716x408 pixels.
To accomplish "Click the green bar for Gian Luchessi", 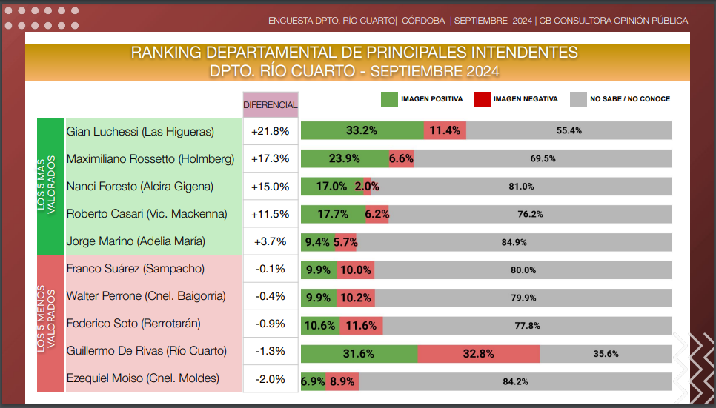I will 362,130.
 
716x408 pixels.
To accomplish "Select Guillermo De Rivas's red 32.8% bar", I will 478,353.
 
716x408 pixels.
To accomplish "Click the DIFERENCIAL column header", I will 271,105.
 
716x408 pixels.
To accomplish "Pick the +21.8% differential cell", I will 271,131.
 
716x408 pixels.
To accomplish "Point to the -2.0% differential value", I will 271,378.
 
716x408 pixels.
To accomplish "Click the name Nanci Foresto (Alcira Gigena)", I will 140,187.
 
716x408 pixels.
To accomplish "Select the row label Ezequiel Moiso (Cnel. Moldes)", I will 143,378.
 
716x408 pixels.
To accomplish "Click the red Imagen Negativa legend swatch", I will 482,99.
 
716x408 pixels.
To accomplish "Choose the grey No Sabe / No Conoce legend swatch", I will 578,99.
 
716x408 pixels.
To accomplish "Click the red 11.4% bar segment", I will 445,130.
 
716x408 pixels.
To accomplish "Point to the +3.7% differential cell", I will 271,241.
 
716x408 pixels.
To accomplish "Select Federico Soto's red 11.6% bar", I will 360,325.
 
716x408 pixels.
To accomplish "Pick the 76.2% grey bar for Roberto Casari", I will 530,214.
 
